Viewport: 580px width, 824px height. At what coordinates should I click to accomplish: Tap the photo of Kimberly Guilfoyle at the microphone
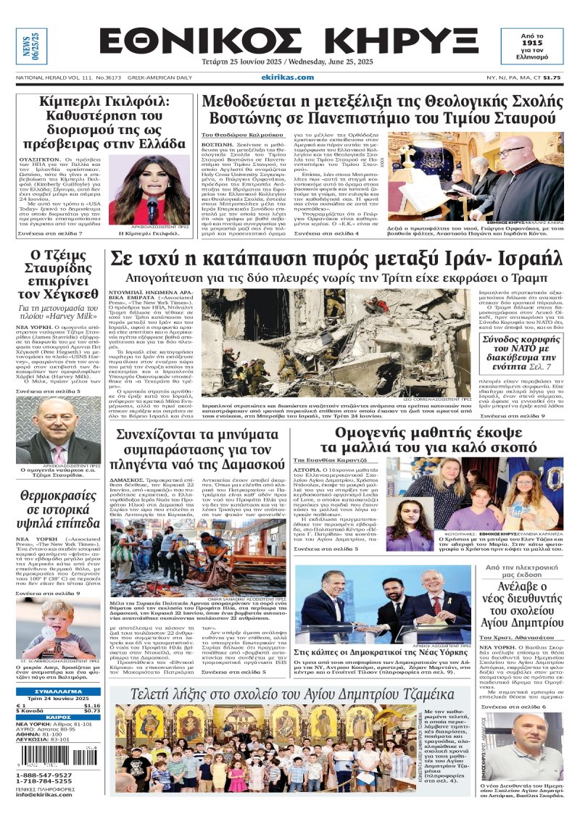tap(153, 190)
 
